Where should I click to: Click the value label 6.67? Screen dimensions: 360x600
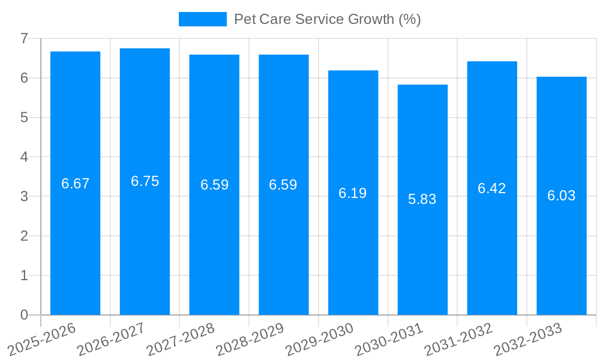75,184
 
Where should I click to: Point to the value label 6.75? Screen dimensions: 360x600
145,181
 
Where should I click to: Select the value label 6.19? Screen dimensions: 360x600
353,193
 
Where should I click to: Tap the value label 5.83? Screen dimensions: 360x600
422,199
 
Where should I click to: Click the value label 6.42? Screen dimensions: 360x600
492,188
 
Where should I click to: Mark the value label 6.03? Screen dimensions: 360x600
562,196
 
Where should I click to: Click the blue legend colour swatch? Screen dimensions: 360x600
203,19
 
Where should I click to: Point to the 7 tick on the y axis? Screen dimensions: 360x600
25,38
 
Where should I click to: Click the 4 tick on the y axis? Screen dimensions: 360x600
25,157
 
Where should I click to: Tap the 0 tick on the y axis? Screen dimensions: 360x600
25,315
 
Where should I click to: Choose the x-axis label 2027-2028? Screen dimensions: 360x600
181,339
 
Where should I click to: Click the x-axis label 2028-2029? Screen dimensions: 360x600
250,339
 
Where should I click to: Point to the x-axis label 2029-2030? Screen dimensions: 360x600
320,339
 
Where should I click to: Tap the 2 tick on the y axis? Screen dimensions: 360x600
25,236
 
